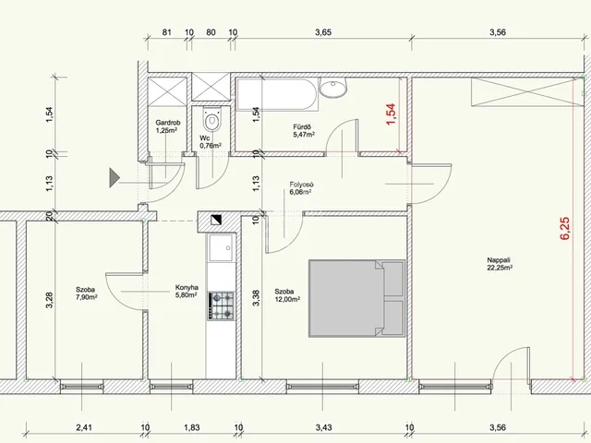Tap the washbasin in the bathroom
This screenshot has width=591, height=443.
(333, 88)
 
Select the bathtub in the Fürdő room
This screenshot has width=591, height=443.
(277, 94)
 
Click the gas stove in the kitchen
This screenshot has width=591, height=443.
(221, 305)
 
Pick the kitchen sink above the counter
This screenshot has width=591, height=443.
(222, 247)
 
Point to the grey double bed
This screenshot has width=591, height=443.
(356, 297)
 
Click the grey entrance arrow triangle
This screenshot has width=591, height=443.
(115, 177)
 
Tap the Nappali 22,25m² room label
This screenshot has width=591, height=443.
(500, 264)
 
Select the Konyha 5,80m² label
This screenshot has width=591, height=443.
(187, 292)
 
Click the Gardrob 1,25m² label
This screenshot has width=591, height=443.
(168, 126)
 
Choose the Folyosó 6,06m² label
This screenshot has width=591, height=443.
(302, 188)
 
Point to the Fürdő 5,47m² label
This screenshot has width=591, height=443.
(304, 130)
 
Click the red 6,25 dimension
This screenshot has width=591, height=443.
(565, 228)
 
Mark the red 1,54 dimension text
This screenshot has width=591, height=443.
(391, 114)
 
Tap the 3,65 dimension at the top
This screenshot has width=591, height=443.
(323, 32)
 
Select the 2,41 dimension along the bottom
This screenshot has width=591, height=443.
(84, 427)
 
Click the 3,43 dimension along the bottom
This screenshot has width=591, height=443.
(323, 427)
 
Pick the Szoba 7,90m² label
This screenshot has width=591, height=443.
(87, 293)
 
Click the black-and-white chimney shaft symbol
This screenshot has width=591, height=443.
(216, 220)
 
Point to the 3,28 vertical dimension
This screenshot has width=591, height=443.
(49, 300)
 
